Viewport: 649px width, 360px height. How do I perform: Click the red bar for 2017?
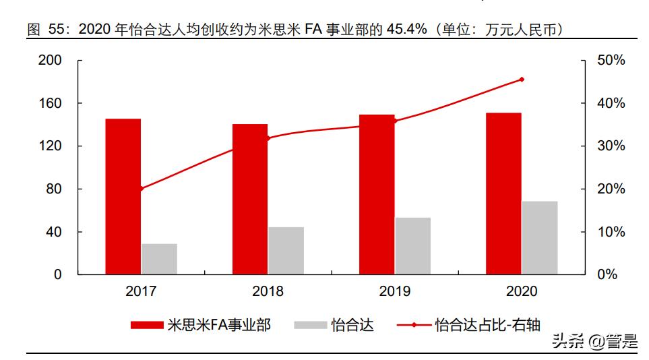(x=123, y=196)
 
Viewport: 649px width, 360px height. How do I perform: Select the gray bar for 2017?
(x=159, y=259)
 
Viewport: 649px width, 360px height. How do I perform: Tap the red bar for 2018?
(x=250, y=199)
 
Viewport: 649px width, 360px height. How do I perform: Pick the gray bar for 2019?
(x=412, y=245)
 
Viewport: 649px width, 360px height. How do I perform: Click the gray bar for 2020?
(x=540, y=237)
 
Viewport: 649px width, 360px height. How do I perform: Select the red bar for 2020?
(x=504, y=193)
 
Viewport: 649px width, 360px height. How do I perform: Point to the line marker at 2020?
(x=522, y=80)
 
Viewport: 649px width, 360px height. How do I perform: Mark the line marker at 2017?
(x=141, y=189)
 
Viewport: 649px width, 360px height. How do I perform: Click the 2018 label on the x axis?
(x=268, y=291)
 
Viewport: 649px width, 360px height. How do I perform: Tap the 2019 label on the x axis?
(x=394, y=291)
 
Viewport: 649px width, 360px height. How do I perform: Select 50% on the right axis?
(x=611, y=60)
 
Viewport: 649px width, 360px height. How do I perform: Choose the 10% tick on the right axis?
(x=611, y=232)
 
